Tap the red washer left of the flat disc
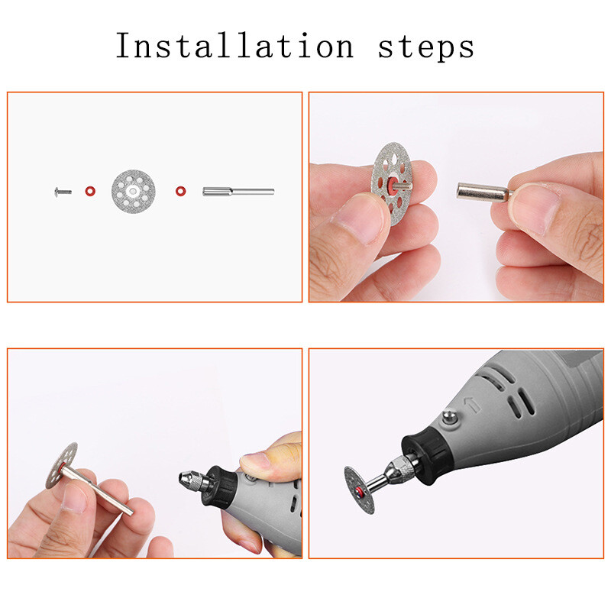90,191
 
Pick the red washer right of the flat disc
180,191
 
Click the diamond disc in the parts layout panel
134,191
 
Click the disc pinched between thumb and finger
392,184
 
